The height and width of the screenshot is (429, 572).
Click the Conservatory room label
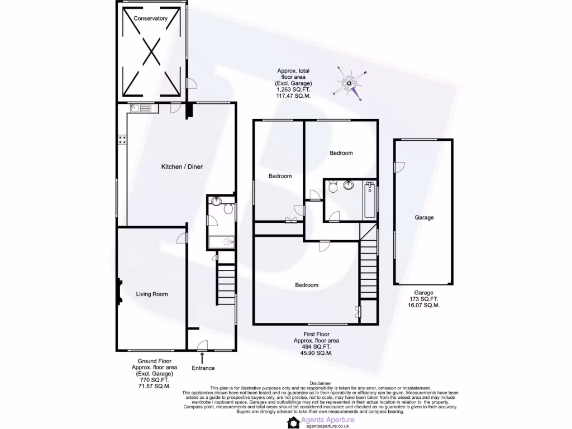tap(150, 18)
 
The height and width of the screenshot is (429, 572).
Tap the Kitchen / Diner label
tap(182, 167)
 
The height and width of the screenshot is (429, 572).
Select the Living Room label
tap(152, 294)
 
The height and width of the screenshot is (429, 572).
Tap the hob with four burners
tap(122, 140)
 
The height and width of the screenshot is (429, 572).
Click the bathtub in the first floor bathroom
tap(370, 200)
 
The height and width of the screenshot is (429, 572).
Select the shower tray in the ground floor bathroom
tap(222, 242)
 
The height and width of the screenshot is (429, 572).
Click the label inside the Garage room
tap(424, 218)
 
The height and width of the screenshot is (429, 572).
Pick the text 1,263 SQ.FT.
tap(293, 89)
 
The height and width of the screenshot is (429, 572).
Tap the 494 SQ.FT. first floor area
tap(316, 347)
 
